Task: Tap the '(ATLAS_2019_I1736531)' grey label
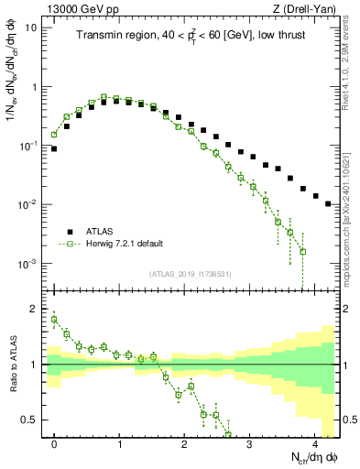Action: (191, 274)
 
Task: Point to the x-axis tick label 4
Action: (315, 443)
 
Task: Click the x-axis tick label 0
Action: (54, 443)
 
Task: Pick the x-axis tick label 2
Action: (185, 443)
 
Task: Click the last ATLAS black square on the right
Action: (328, 203)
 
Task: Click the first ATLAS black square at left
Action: (54, 148)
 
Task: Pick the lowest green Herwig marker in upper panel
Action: (302, 251)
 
